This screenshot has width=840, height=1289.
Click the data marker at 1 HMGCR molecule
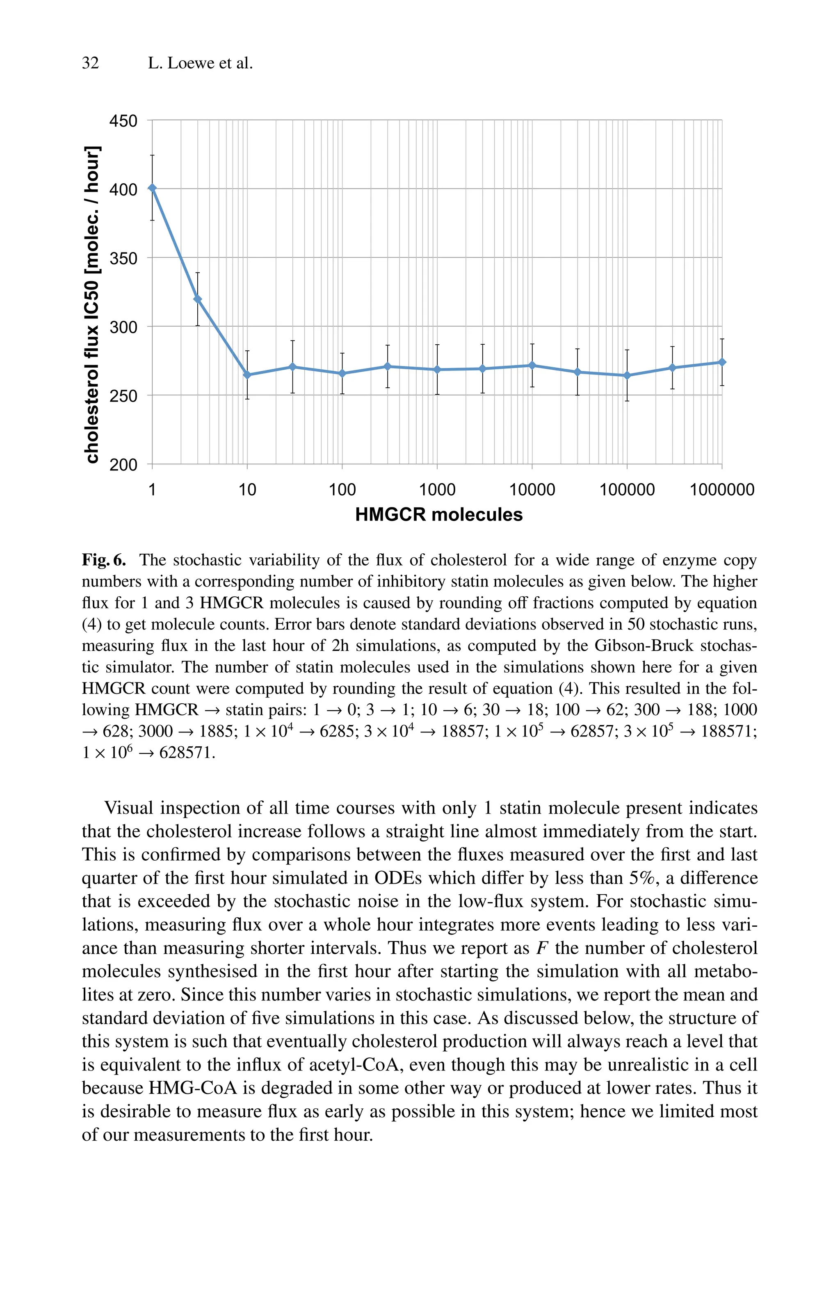[152, 188]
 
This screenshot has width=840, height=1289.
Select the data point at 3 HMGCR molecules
[197, 299]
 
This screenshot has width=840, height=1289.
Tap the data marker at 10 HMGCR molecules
[247, 375]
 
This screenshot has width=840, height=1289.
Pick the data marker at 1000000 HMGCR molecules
[722, 362]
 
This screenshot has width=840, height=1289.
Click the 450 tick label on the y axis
[123, 121]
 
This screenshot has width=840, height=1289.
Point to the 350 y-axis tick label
[123, 258]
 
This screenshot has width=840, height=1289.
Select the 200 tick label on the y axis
[123, 465]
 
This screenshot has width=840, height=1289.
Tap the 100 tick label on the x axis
[342, 490]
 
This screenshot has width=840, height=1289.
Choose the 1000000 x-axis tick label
[721, 490]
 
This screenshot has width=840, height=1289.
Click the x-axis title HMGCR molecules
[438, 514]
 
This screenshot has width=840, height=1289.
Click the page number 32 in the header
[91, 64]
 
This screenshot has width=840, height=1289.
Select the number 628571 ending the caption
[186, 753]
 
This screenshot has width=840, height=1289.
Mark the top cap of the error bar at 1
[152, 155]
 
